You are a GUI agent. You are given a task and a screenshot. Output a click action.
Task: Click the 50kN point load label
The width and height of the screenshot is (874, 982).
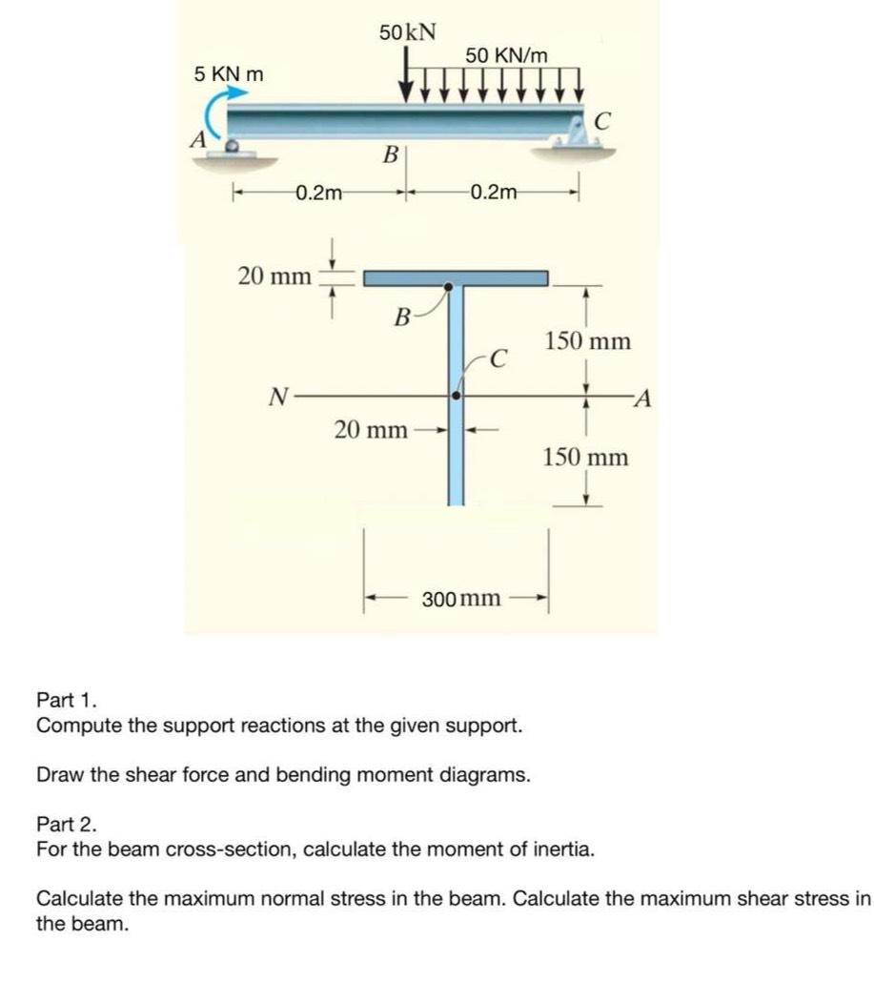click(408, 31)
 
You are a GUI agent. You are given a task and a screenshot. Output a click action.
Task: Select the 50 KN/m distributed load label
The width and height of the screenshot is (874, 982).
click(507, 55)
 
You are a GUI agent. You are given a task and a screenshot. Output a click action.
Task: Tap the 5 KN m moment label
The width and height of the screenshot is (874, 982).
click(230, 73)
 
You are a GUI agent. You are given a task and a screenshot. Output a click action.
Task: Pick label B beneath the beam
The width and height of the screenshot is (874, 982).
click(389, 153)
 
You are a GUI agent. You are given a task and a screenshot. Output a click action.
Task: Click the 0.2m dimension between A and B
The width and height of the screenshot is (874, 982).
click(318, 194)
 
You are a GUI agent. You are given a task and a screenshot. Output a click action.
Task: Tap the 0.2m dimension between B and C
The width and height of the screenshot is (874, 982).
click(494, 194)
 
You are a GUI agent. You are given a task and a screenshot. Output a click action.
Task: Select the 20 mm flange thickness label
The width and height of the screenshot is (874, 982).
click(274, 276)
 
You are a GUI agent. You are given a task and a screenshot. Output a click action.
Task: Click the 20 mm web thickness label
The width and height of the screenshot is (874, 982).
click(371, 430)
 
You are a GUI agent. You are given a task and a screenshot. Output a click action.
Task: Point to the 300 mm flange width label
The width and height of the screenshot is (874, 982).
click(461, 599)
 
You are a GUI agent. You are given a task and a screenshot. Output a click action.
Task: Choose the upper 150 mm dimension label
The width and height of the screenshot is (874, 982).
click(587, 341)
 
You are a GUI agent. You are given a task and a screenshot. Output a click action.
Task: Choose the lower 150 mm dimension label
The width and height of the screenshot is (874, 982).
click(586, 458)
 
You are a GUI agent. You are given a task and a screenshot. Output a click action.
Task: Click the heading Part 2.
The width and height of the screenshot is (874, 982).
click(66, 823)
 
